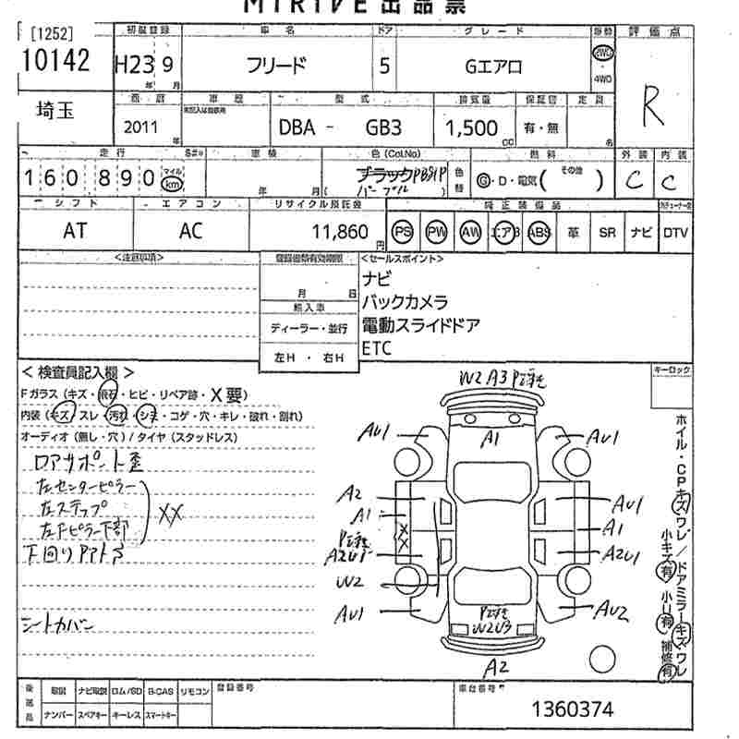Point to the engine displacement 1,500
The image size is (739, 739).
(x=471, y=128)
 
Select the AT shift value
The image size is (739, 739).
(x=74, y=232)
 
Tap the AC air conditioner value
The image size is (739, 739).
(x=189, y=232)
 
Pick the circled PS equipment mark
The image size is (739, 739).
(x=402, y=232)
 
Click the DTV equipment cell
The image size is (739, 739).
(x=675, y=233)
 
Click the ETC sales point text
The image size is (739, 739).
(x=376, y=347)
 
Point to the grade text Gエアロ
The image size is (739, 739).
(x=492, y=67)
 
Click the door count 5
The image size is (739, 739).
(x=383, y=67)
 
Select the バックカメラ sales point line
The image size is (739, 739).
(x=404, y=301)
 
